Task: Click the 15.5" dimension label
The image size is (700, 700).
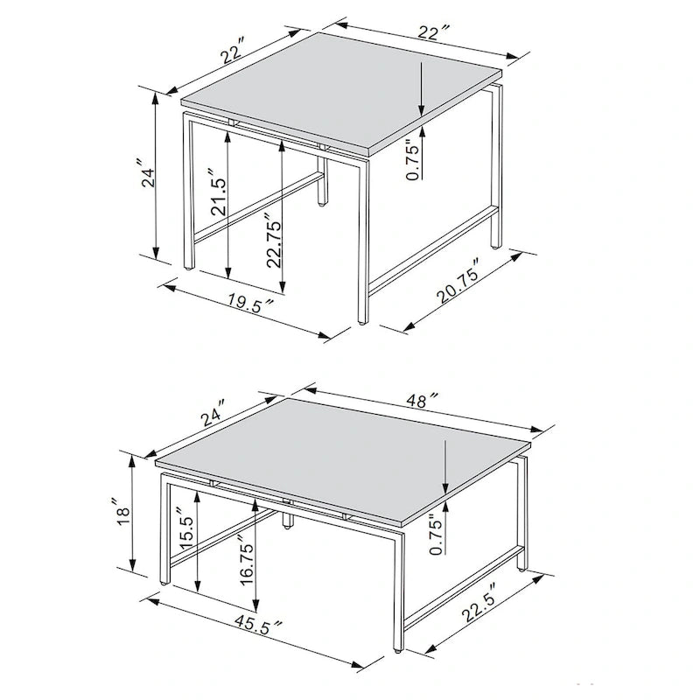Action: [x=186, y=530]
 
